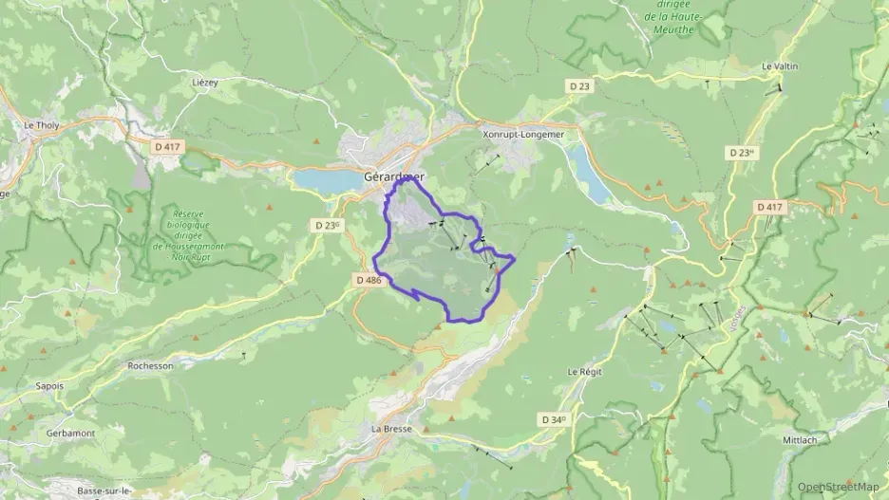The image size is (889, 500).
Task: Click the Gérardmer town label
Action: (x=394, y=176)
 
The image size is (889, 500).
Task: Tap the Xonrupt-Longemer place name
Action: (x=523, y=135)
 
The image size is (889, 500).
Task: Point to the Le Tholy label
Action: (x=42, y=124)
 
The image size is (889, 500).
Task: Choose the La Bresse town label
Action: (x=391, y=429)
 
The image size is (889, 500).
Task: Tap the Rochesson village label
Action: (x=150, y=365)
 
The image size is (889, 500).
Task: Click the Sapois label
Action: (x=49, y=386)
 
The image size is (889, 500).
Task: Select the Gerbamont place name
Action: (x=69, y=433)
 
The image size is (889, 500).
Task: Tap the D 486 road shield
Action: (x=369, y=280)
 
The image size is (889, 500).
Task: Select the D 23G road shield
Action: (x=327, y=225)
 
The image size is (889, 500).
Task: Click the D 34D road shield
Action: (x=554, y=418)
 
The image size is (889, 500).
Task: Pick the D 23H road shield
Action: (x=742, y=152)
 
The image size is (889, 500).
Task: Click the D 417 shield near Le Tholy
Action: (x=167, y=146)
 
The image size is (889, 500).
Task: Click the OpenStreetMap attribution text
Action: (x=839, y=487)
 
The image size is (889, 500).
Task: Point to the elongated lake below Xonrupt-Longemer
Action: (x=590, y=176)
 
